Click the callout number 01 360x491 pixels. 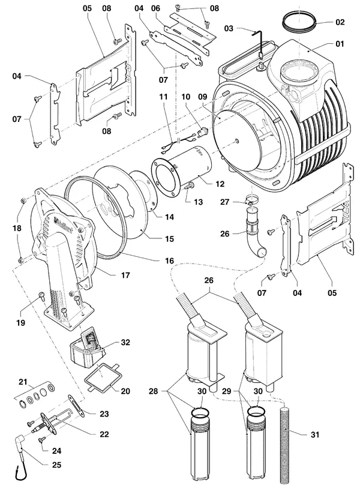click(x=340, y=44)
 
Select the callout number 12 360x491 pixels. click(x=220, y=184)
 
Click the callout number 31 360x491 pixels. click(x=315, y=435)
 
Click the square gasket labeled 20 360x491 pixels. click(x=101, y=376)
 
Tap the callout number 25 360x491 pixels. click(x=56, y=465)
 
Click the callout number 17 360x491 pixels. click(x=125, y=276)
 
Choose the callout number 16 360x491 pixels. click(x=169, y=261)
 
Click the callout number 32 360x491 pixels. click(x=125, y=342)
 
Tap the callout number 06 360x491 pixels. click(x=155, y=8)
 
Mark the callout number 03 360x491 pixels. click(x=229, y=28)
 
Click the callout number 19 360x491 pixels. click(x=20, y=322)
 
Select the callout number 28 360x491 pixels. click(x=153, y=391)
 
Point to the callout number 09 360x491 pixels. click(x=203, y=97)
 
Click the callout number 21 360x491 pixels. click(x=23, y=382)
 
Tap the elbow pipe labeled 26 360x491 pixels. click(x=254, y=238)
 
